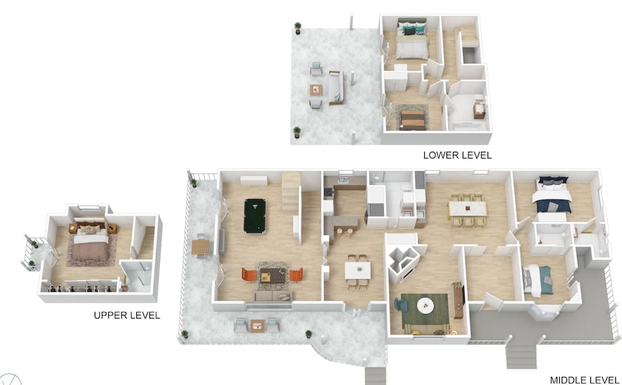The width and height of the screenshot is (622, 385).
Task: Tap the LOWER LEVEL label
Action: (x=457, y=155)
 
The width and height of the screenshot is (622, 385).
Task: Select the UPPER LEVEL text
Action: (x=127, y=315)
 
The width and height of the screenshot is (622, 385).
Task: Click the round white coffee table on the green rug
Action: (x=425, y=305)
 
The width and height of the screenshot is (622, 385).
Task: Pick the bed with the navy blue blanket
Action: (x=552, y=197)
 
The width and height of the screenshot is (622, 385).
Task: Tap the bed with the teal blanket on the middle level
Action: (x=539, y=281)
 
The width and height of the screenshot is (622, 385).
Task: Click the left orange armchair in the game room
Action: (x=249, y=274)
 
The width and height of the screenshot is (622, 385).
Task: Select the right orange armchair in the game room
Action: (x=295, y=274)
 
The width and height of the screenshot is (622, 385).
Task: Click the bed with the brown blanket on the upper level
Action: (x=91, y=245)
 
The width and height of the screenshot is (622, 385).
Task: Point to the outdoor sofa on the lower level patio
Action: (x=336, y=87)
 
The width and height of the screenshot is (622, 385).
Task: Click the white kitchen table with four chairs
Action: (x=358, y=270)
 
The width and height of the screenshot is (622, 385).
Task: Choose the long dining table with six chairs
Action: (x=468, y=208)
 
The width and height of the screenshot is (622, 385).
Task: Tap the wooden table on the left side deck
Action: (x=201, y=247)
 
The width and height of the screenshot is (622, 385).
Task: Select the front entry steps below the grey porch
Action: (x=521, y=357)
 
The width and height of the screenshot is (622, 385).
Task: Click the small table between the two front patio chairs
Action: (x=257, y=325)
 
